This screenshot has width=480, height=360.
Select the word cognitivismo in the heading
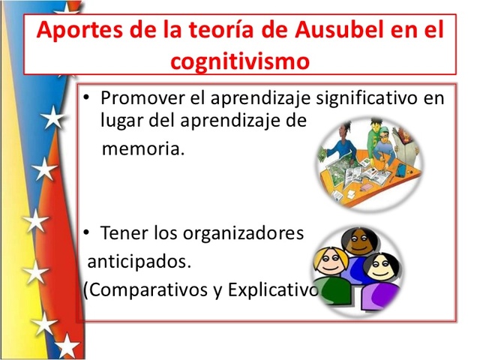pyautogui.click(x=240, y=60)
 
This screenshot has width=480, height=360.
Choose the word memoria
pyautogui.click(x=142, y=148)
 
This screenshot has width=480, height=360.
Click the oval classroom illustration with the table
pyautogui.click(x=367, y=160)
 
